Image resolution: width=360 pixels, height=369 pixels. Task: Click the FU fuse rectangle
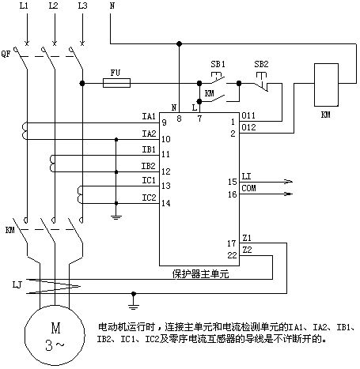tap(116, 83)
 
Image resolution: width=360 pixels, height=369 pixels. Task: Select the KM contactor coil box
tap(326, 85)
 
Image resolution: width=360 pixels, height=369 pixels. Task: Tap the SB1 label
tap(218, 64)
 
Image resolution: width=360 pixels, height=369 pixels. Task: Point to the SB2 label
tap(261, 64)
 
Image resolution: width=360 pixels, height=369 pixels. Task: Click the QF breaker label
tap(6, 55)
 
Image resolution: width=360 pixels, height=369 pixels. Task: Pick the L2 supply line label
tap(54, 6)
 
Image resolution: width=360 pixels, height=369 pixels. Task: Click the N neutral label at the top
tap(112, 6)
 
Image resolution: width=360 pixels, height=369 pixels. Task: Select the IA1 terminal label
tap(149, 116)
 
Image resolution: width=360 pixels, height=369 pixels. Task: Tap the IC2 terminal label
tap(149, 198)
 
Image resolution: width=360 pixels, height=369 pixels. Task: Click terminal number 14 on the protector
tap(166, 203)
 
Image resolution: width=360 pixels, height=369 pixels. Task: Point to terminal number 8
tap(180, 119)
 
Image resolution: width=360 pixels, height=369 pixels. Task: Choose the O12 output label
tap(248, 127)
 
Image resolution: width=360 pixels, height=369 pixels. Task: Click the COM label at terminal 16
tap(248, 188)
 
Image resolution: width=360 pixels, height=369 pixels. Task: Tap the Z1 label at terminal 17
tap(247, 238)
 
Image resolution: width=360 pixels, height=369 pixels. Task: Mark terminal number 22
tap(232, 255)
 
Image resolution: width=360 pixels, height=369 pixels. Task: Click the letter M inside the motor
tap(56, 328)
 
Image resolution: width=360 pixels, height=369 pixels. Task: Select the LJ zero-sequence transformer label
tap(17, 284)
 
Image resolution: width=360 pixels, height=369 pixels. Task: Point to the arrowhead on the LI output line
tap(288, 181)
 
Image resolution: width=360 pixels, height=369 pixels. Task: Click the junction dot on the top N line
tap(180, 43)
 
